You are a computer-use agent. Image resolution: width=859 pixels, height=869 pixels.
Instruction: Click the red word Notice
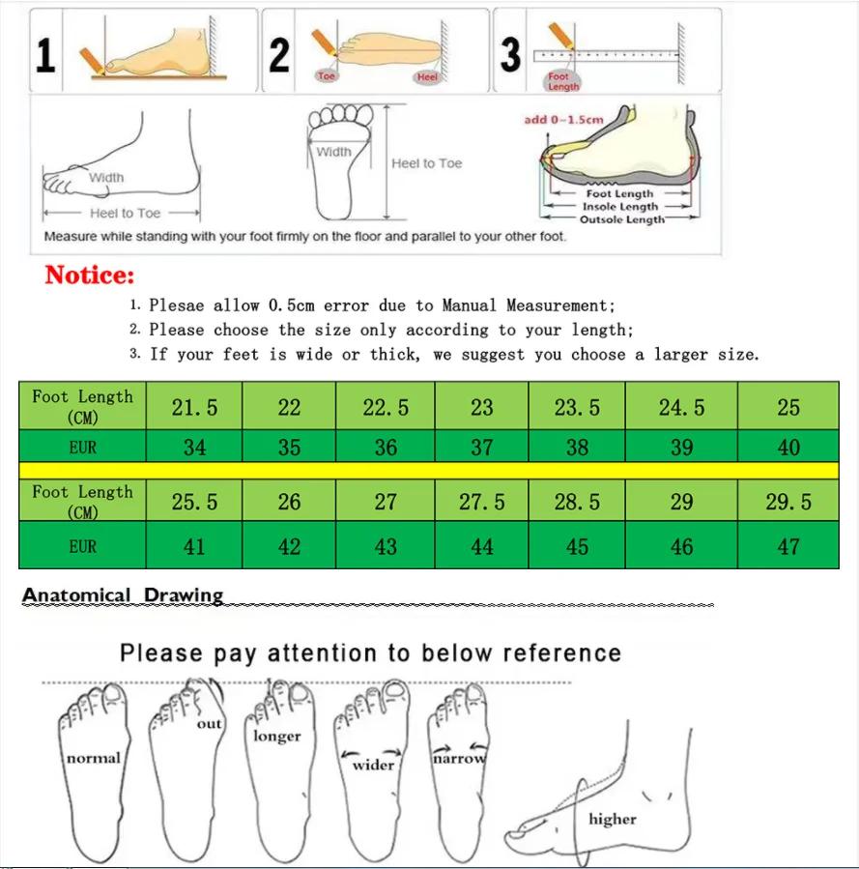90,275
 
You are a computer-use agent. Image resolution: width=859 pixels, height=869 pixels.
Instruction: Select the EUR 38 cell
577,448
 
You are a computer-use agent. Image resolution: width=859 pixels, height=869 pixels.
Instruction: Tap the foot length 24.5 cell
681,407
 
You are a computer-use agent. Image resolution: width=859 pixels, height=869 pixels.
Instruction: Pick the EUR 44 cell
481,547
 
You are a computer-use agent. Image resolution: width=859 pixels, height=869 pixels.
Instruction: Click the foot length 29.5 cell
788,502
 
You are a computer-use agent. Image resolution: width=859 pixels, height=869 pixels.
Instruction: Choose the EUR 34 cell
194,448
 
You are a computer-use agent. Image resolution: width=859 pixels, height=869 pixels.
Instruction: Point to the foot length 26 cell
289,502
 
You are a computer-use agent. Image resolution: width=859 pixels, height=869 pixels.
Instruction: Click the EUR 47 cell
788,547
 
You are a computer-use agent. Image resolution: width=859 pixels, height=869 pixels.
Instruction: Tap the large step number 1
45,53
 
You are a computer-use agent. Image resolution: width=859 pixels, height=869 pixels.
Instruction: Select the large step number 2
279,53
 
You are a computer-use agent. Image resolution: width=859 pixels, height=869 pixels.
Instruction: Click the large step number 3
510,53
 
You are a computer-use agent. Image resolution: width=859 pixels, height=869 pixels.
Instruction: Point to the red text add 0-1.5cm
563,120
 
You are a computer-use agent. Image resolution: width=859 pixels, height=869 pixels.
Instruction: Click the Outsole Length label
621,219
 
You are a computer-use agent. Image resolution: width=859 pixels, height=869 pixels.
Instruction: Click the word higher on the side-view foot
613,819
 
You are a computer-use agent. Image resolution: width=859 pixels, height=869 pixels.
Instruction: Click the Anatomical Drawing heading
123,595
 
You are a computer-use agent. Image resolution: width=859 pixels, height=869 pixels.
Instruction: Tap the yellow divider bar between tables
428,470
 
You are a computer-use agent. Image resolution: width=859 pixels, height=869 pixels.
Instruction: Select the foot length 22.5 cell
386,407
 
